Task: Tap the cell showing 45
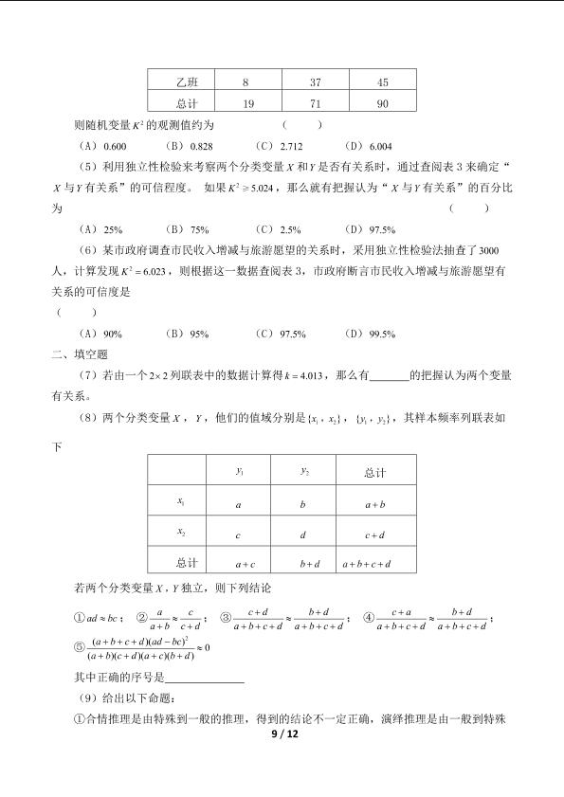(383, 82)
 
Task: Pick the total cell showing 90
(383, 104)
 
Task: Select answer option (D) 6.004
(368, 147)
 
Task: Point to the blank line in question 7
(389, 377)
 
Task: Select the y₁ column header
(239, 470)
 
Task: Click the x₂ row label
(181, 533)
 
